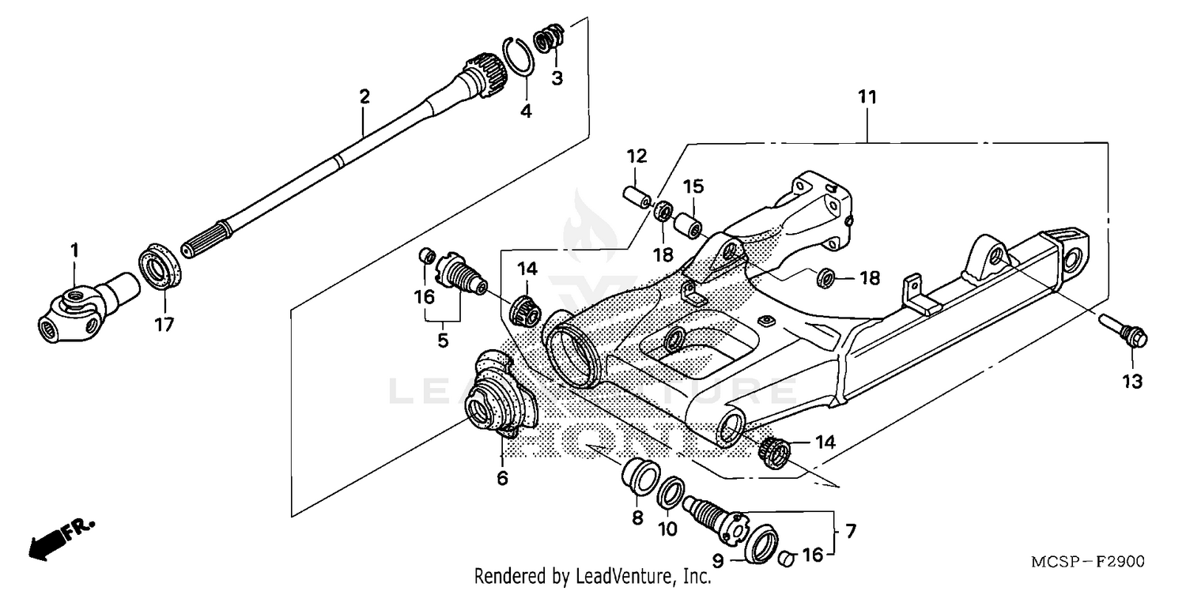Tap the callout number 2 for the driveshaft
point(364,97)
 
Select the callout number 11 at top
point(867,98)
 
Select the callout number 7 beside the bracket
point(851,529)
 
